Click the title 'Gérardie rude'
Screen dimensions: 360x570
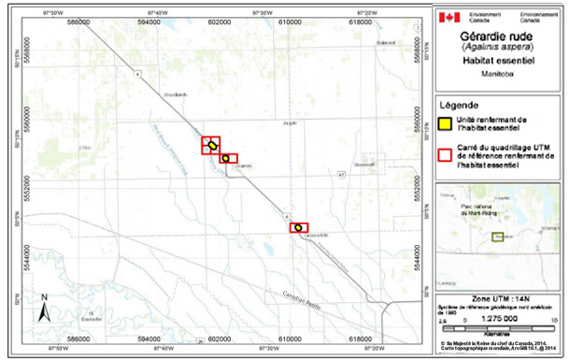point(497,35)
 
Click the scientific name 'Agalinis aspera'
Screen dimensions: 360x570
point(497,47)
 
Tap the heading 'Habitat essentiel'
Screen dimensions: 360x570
point(497,61)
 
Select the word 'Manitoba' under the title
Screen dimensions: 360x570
point(497,74)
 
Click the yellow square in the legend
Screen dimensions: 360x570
point(447,124)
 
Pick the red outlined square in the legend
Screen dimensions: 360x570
point(447,155)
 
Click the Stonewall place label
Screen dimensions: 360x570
point(363,164)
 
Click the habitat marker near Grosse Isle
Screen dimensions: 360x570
point(298,227)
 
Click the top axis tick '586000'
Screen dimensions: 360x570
point(79,22)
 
